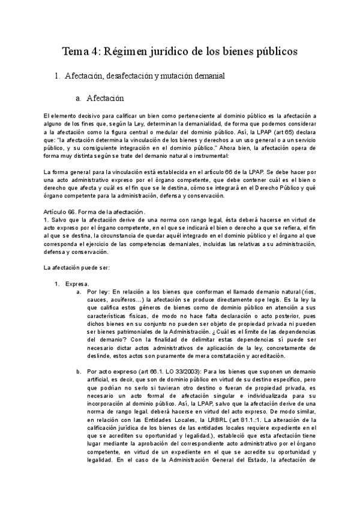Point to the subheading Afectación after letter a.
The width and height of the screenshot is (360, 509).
coord(105,97)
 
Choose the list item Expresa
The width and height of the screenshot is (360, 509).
coord(77,283)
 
